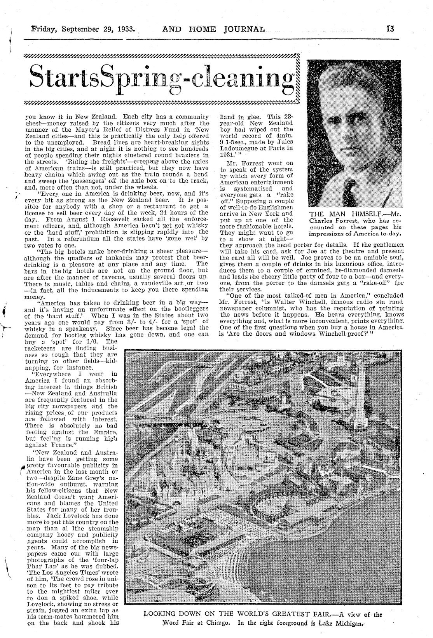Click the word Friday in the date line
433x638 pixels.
pyautogui.click(x=44, y=29)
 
